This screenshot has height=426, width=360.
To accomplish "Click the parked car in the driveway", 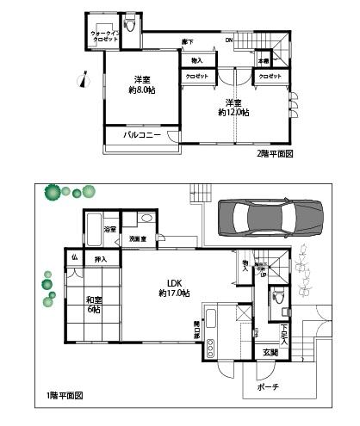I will click(270, 219).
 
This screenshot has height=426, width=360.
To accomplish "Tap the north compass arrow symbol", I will click(83, 81).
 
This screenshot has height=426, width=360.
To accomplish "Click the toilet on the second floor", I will click(131, 26).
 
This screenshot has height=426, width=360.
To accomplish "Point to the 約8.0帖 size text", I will click(141, 90).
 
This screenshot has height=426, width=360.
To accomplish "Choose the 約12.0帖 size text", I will click(233, 112).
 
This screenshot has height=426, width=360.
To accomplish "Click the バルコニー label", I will click(139, 135).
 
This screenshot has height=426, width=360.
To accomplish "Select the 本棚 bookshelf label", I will click(264, 61).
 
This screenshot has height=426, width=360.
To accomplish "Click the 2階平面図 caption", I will click(276, 154).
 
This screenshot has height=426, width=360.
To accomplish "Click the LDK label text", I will click(173, 282).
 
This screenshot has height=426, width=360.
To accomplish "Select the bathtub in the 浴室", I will click(93, 231).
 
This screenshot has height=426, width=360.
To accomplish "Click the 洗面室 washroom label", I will click(137, 238).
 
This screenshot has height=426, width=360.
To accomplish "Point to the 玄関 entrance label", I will click(270, 352).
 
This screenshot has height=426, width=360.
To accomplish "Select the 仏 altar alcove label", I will click(75, 256).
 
